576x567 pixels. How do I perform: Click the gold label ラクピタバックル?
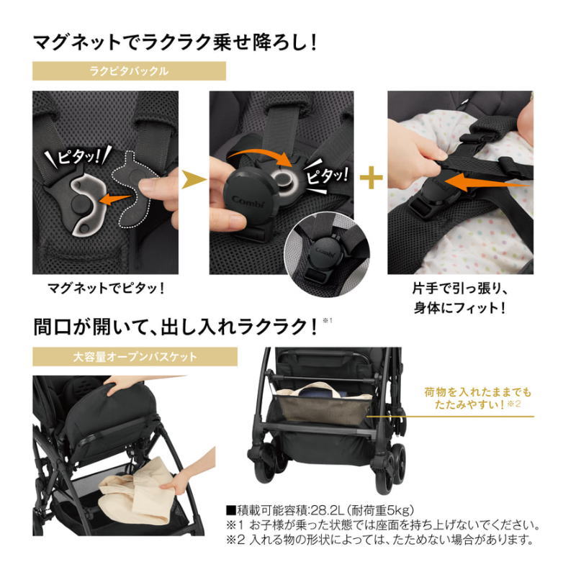[129, 71]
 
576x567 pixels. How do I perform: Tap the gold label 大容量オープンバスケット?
[135, 357]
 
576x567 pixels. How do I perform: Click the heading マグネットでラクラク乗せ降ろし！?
[175, 42]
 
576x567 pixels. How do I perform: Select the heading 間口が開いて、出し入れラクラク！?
[176, 327]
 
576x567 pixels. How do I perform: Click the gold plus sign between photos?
[371, 178]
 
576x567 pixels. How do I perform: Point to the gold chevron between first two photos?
[194, 180]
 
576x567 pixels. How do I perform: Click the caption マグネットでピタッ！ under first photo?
[106, 289]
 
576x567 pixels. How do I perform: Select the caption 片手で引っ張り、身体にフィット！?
[459, 298]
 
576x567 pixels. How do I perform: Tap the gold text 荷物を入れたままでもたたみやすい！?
[477, 399]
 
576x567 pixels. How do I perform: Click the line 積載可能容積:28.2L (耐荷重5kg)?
[320, 510]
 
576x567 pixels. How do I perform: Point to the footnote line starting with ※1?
[382, 525]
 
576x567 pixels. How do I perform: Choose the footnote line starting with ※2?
[380, 540]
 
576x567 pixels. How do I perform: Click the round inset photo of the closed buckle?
[327, 254]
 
